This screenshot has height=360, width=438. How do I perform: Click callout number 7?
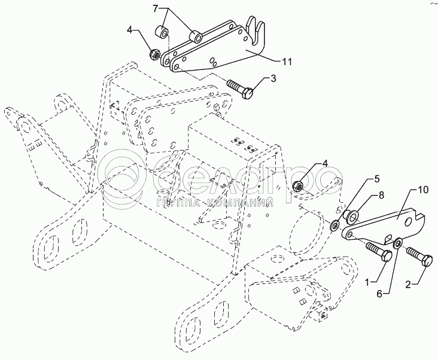[156, 9]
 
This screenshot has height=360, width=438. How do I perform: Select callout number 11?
[287, 60]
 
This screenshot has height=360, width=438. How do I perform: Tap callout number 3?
[273, 78]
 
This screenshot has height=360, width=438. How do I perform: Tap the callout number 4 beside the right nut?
[326, 163]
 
